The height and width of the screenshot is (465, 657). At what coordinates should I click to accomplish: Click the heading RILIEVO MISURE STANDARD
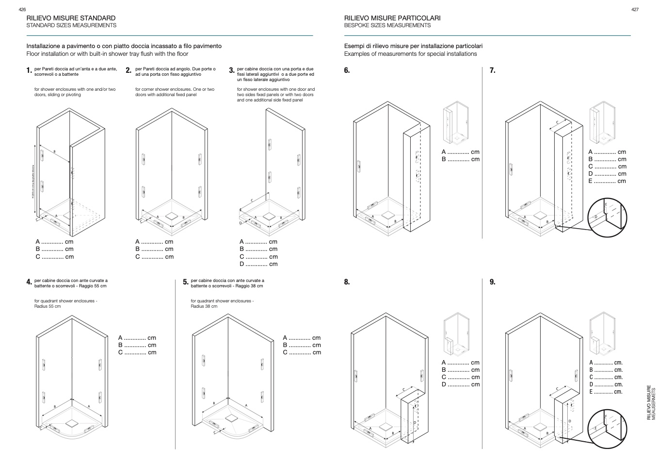coord(71,18)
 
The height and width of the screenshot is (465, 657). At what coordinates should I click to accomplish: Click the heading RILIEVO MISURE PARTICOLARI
coord(392,18)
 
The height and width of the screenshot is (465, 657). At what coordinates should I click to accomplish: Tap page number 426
coord(22,9)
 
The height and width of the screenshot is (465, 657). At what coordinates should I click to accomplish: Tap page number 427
coord(635,9)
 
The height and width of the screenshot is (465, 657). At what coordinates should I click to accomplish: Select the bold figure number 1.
coord(29,71)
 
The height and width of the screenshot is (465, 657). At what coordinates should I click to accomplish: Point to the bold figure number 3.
coord(231,71)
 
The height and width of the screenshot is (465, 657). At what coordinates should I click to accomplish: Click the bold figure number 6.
coord(347,70)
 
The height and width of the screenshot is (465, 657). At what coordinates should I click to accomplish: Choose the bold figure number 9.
coord(492,282)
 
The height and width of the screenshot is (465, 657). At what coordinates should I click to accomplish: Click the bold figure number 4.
coord(29,282)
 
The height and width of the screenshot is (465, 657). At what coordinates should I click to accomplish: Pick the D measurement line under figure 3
coord(258,264)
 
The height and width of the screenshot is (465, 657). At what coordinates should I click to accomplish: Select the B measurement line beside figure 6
coord(460,159)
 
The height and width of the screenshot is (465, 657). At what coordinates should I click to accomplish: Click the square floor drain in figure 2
coord(172,215)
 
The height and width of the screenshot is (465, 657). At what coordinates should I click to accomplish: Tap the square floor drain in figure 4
coord(72,423)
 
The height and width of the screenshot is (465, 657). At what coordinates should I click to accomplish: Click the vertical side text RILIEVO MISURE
coord(649,402)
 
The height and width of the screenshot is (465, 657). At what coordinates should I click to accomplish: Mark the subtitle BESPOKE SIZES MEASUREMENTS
coord(387,25)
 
